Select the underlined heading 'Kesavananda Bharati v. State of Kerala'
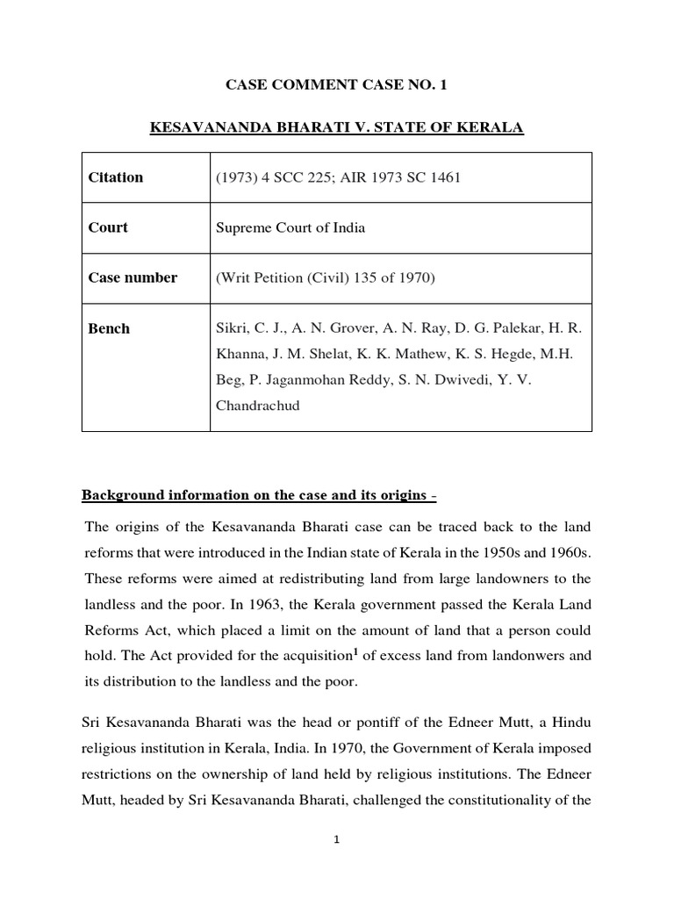[337, 128]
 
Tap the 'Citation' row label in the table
[116, 177]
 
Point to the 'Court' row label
[108, 227]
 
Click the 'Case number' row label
[133, 277]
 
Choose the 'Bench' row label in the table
[109, 328]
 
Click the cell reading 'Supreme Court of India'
[290, 227]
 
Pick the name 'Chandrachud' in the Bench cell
[257, 406]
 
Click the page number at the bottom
[336, 839]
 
